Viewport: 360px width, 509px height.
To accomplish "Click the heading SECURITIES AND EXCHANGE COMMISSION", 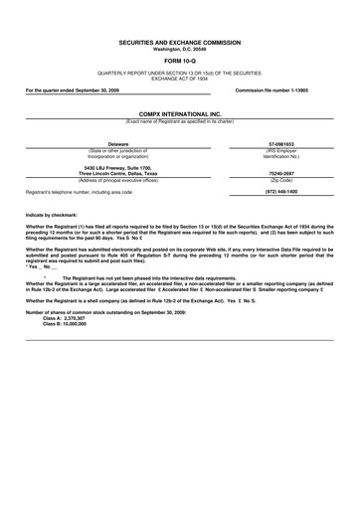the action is tap(180, 45).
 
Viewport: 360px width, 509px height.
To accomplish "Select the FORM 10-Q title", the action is tap(180, 62).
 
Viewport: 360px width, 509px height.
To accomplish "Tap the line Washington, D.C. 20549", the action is tap(180, 50).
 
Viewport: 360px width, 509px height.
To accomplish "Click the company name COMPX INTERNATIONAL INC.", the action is tap(180, 115).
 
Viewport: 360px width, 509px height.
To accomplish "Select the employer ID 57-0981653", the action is tap(282, 144).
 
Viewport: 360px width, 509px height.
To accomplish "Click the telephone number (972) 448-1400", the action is tap(282, 191).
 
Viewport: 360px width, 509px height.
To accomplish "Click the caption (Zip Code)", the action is tap(282, 180).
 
